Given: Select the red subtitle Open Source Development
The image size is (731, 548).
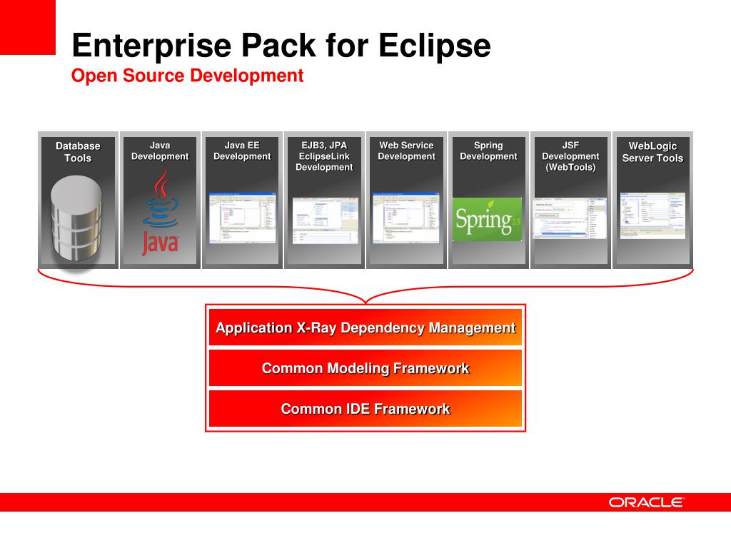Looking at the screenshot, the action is click(x=187, y=76).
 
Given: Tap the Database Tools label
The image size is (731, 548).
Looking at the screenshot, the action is click(x=78, y=151).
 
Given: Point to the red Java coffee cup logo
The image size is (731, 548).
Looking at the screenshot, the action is click(x=160, y=214).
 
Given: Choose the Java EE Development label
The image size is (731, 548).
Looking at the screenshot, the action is click(x=242, y=151).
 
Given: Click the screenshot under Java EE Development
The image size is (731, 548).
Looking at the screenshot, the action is click(x=242, y=218).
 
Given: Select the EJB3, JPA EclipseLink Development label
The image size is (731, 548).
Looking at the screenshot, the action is click(x=324, y=156).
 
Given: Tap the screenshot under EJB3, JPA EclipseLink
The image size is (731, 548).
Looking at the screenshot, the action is click(x=325, y=220).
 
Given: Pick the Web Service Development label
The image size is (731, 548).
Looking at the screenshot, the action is click(x=406, y=151).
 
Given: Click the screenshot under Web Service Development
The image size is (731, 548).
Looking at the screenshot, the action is click(x=406, y=218).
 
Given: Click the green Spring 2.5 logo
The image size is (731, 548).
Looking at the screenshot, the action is click(x=488, y=219).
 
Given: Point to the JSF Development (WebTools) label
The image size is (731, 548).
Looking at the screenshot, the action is click(x=570, y=156).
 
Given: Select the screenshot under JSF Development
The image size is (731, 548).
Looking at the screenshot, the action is click(x=570, y=218).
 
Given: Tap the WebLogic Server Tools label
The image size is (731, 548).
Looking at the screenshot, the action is click(x=652, y=152).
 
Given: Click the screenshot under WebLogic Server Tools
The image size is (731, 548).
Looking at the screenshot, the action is click(x=652, y=215).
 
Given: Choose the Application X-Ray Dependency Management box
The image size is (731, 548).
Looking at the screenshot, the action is click(x=365, y=328).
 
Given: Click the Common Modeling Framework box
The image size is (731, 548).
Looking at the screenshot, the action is click(x=365, y=368).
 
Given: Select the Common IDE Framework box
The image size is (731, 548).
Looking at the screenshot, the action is click(x=365, y=409).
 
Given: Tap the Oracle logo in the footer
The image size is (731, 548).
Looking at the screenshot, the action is click(x=646, y=502).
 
